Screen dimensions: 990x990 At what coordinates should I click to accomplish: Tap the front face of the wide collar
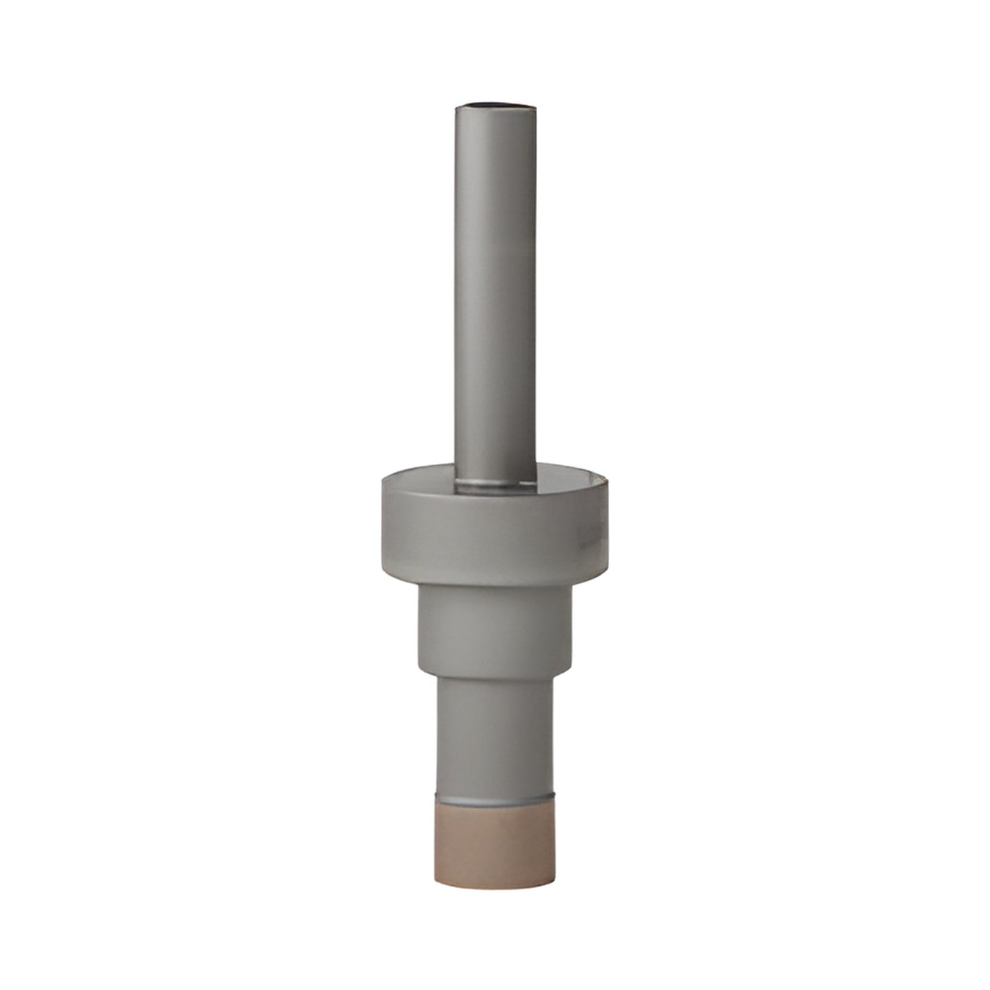(493, 541)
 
